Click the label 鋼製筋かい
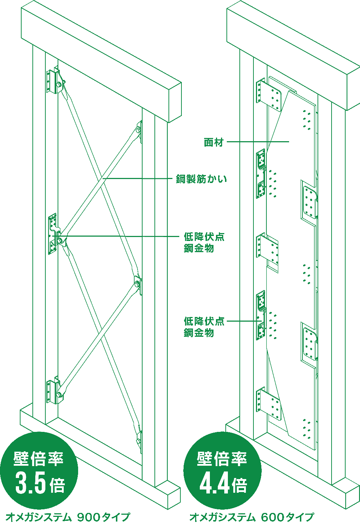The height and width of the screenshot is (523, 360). click(x=201, y=179)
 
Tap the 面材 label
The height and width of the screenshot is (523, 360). click(x=214, y=142)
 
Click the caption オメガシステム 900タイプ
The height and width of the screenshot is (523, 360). click(x=68, y=517)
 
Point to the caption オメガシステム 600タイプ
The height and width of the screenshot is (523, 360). click(x=252, y=517)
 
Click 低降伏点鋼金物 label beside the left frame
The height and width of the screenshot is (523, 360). click(x=204, y=242)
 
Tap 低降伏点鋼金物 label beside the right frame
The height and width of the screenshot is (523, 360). click(x=204, y=327)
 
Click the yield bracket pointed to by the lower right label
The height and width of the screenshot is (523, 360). click(x=261, y=316)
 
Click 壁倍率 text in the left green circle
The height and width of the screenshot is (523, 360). click(x=39, y=459)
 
